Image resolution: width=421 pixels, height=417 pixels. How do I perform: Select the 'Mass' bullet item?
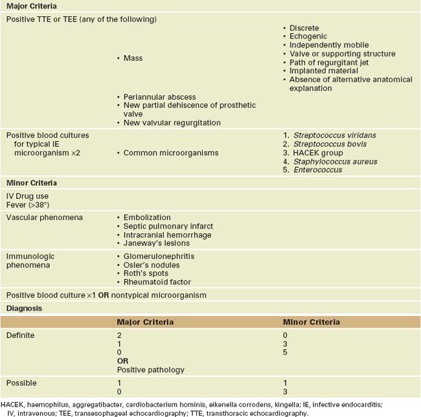(x=133, y=58)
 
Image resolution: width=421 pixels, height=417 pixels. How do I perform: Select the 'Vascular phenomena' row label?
(x=45, y=218)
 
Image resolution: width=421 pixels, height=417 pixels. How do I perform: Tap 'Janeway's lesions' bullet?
(x=155, y=243)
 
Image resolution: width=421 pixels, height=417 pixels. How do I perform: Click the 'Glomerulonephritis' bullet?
(x=158, y=256)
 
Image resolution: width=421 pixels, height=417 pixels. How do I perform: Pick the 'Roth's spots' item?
(x=146, y=273)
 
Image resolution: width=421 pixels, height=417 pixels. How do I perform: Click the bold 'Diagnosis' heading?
(x=24, y=308)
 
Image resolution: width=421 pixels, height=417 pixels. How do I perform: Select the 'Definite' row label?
(x=20, y=335)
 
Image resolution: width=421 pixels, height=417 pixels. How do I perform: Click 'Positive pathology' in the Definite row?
(x=150, y=370)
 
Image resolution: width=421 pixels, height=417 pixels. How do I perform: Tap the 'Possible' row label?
(x=21, y=383)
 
